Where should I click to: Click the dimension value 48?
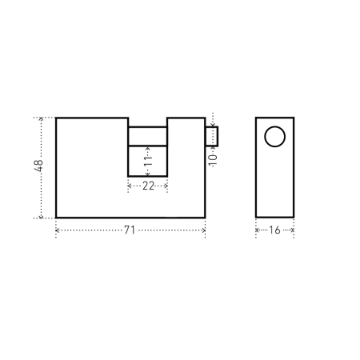(x=39, y=166)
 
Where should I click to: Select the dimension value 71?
(x=130, y=230)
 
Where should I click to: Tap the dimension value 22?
(x=148, y=186)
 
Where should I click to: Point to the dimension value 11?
(x=148, y=161)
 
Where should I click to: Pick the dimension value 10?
(x=213, y=160)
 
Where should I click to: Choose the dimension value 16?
(x=274, y=230)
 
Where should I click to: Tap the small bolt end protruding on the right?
(x=212, y=137)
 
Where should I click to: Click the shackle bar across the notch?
(x=148, y=137)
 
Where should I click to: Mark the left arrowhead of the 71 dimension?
(x=57, y=230)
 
